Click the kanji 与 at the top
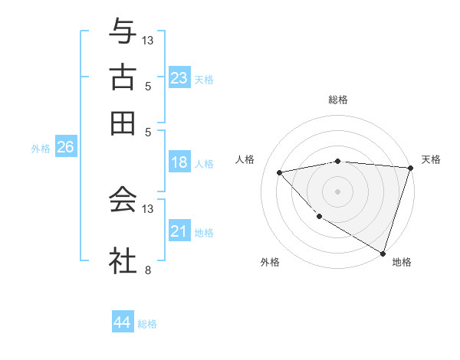click(x=123, y=33)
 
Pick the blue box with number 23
click(x=179, y=78)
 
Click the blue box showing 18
click(x=179, y=162)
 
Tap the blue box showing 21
click(x=179, y=231)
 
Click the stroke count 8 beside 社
click(x=147, y=270)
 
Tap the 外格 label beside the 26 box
click(x=41, y=149)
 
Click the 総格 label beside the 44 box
click(x=147, y=324)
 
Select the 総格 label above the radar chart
click(x=337, y=100)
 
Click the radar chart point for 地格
click(x=383, y=253)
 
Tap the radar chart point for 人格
click(x=280, y=172)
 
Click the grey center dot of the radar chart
click(x=337, y=191)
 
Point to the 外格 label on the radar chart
click(x=270, y=263)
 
